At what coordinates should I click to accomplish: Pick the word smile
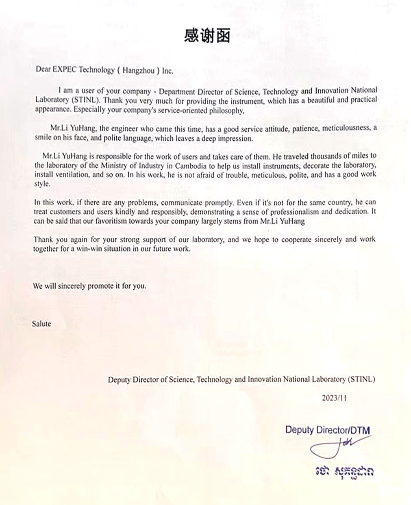[x=43, y=138]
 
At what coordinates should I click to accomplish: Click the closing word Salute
[x=41, y=324]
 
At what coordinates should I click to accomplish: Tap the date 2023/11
[x=334, y=399]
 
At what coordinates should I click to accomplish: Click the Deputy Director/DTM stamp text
[x=327, y=430]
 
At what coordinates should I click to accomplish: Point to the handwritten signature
[x=331, y=447]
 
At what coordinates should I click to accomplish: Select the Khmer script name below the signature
[x=344, y=472]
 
